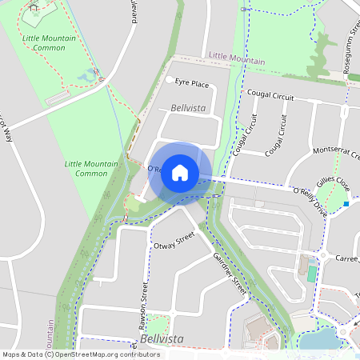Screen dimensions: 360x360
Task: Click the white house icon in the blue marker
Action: coord(180,173)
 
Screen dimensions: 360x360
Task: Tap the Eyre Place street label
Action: coord(192,83)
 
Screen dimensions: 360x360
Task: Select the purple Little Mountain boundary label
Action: coord(236,58)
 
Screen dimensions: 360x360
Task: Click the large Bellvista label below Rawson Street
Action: coord(161,339)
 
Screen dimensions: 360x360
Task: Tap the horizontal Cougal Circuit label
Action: coord(270,95)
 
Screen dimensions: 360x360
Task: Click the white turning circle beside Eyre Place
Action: coord(169,80)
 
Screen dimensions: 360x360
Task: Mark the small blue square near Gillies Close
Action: coord(346,204)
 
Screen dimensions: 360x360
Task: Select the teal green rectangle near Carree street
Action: coord(312,273)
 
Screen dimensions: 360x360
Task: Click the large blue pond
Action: coord(323,341)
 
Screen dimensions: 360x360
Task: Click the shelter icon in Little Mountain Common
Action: coord(34,6)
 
